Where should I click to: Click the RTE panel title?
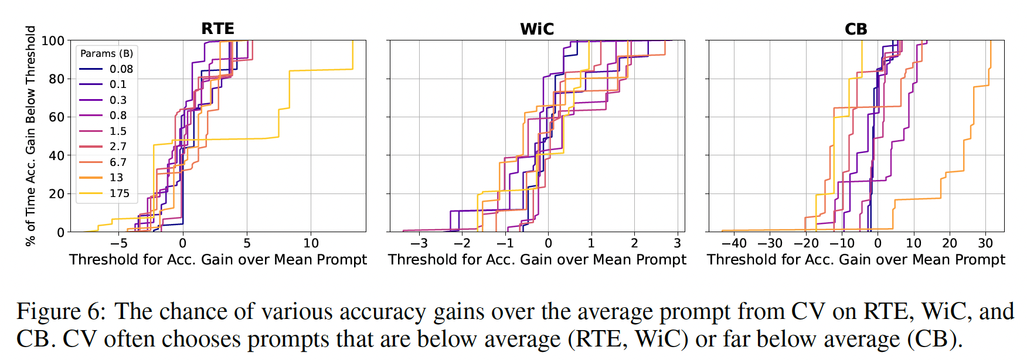point(217,29)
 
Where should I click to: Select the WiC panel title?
point(537,29)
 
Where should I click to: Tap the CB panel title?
point(856,29)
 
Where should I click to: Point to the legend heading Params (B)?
point(107,53)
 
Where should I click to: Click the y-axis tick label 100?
point(53,41)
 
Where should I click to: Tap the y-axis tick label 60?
point(56,117)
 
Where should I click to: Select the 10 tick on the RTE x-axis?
point(311,243)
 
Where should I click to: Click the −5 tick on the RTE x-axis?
point(118,243)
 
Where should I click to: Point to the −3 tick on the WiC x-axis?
point(419,243)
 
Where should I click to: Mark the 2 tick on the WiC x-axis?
point(634,243)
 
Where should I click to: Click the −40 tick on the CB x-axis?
point(734,243)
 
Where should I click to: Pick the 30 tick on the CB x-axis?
point(985,243)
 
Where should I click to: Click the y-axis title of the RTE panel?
point(30,136)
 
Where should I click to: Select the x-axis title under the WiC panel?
point(537,260)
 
